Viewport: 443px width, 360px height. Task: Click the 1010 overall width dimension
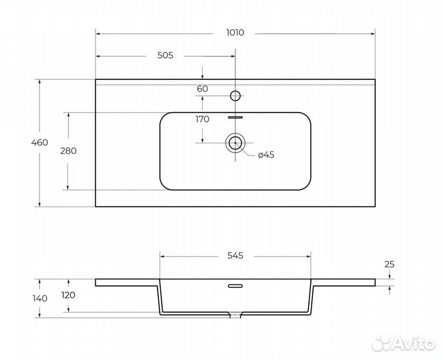point(235,33)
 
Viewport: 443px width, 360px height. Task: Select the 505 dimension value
point(165,55)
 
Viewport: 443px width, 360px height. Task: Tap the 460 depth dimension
point(39,143)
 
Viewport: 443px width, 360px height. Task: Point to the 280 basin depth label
point(68,151)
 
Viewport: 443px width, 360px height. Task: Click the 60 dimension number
point(202,89)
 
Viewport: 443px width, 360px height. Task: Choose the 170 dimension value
point(202,119)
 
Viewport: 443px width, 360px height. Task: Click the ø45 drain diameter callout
point(266,155)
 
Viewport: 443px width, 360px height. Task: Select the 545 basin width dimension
point(236,255)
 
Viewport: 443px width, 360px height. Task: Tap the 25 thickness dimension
point(390,265)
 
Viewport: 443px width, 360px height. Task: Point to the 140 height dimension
point(40,298)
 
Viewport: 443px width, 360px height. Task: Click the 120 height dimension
point(68,295)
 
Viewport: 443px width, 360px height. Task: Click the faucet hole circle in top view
point(235,96)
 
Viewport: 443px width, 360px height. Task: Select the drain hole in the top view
point(235,143)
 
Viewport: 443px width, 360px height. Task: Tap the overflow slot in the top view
point(236,117)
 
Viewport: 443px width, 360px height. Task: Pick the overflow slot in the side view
point(236,286)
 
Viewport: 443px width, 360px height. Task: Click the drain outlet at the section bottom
point(235,315)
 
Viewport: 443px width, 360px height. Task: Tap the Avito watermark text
point(414,343)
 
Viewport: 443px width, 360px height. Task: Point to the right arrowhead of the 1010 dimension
point(373,34)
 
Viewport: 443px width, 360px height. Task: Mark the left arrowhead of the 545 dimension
point(162,257)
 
